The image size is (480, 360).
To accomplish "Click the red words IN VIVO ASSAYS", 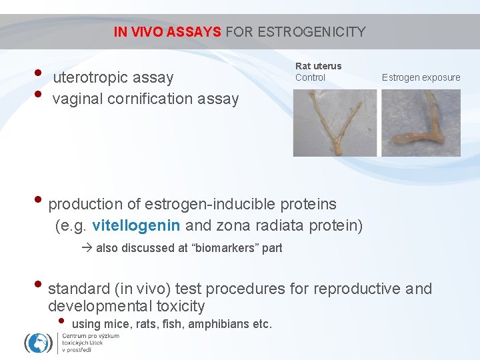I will (167, 31).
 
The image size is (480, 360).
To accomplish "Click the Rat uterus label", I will (318, 66).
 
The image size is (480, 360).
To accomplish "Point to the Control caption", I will (310, 77).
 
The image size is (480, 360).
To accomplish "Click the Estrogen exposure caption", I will (421, 77).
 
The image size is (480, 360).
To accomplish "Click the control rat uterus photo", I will (335, 123).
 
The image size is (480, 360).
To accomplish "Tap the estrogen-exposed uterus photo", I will (421, 123).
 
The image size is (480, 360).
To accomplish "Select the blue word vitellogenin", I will (137, 225).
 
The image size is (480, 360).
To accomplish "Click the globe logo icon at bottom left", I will (38, 343).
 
